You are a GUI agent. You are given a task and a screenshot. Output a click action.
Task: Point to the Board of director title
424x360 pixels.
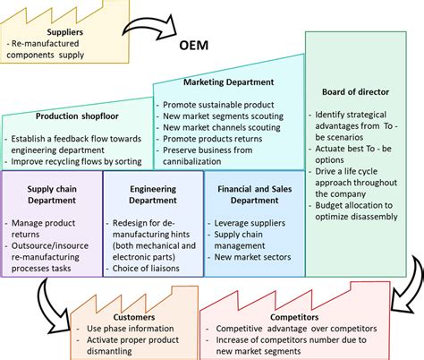click(x=354, y=91)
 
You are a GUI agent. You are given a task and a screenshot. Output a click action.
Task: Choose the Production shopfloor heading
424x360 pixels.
click(x=75, y=116)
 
